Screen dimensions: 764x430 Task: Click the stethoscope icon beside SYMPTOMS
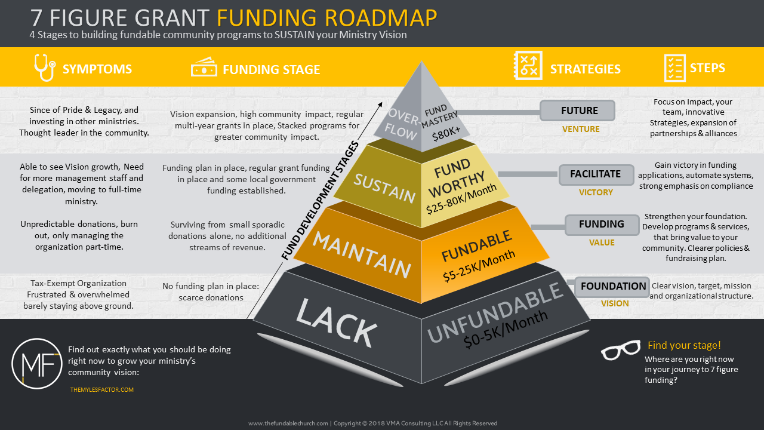pos(44,67)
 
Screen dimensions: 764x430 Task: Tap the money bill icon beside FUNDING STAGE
pos(204,69)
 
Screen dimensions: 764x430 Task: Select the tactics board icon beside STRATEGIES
pos(528,66)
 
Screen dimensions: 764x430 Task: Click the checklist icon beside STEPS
pos(674,67)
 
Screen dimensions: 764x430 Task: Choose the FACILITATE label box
pos(596,174)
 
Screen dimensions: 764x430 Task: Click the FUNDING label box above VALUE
pos(602,224)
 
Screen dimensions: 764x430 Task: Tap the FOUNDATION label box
pos(613,286)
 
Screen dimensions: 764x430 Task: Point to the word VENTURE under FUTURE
pos(581,129)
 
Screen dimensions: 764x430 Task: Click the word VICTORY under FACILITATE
pos(596,192)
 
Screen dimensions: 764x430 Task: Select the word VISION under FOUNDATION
pos(615,303)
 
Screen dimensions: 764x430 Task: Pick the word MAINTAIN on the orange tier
pos(362,255)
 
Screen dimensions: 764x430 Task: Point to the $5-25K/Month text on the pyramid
pos(479,266)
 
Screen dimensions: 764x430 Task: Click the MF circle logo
pos(37,364)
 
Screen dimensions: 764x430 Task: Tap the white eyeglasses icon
pos(620,351)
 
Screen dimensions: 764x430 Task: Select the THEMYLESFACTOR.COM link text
pos(102,389)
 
